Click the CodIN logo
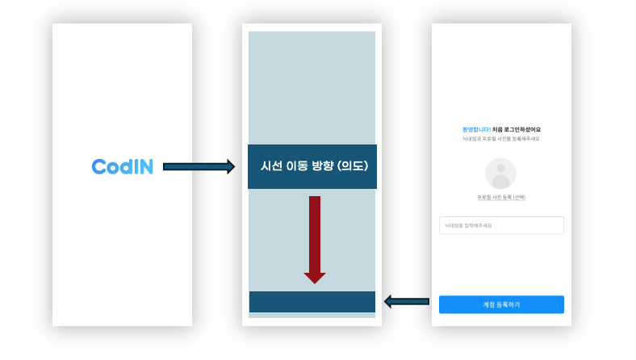122,167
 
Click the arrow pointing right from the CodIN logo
199,167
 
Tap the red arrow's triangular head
315,278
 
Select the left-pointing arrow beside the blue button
406,302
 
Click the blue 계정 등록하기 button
501,304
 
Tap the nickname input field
501,225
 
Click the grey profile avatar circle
500,174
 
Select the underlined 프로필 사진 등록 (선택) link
501,197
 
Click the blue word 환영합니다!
476,129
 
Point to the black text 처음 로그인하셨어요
517,129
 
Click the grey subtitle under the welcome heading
501,139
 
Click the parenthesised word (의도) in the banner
352,166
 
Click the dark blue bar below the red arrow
312,302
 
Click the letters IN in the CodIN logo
143,167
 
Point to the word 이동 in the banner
297,166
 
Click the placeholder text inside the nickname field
468,225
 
